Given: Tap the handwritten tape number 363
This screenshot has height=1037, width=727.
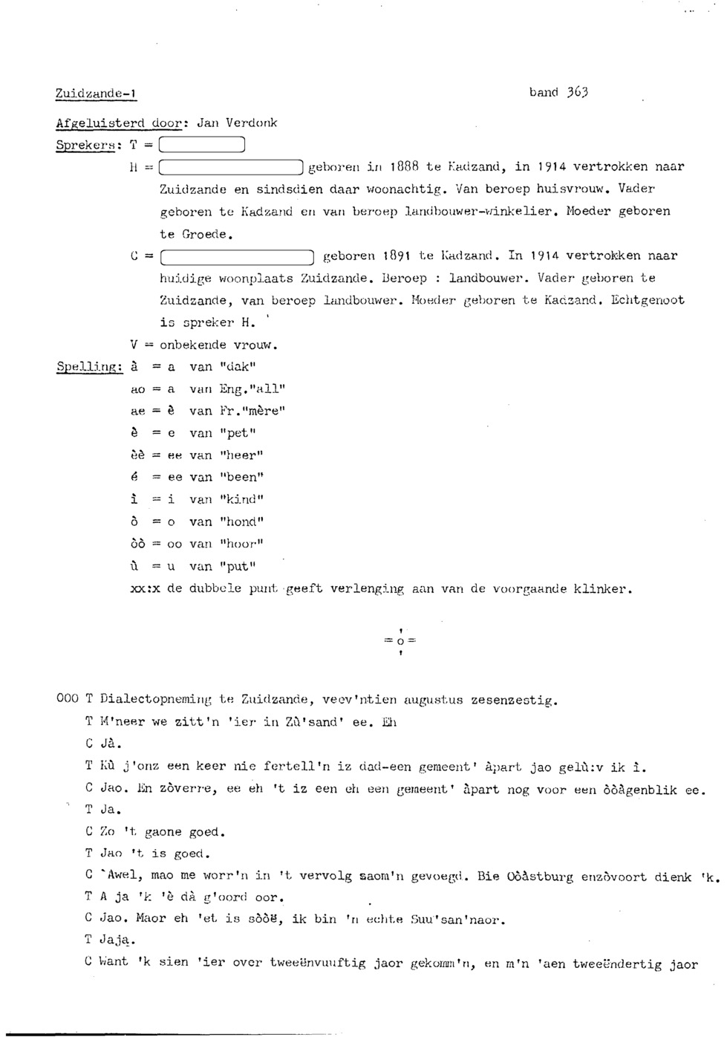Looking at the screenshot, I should [x=577, y=92].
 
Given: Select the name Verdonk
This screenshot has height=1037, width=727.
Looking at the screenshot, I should [x=252, y=123].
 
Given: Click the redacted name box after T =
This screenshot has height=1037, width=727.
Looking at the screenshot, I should [x=201, y=146].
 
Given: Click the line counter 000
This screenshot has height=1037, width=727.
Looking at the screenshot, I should [x=67, y=700].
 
